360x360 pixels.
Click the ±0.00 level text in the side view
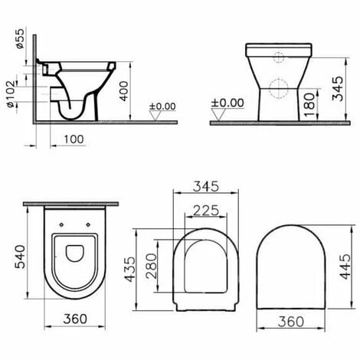(x=162, y=106)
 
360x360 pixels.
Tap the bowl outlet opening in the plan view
(x=74, y=253)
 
